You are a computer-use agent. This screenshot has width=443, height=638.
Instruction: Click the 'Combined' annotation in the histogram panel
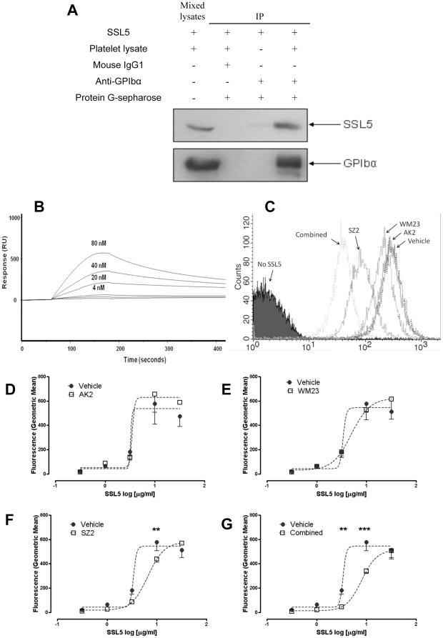(310, 234)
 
